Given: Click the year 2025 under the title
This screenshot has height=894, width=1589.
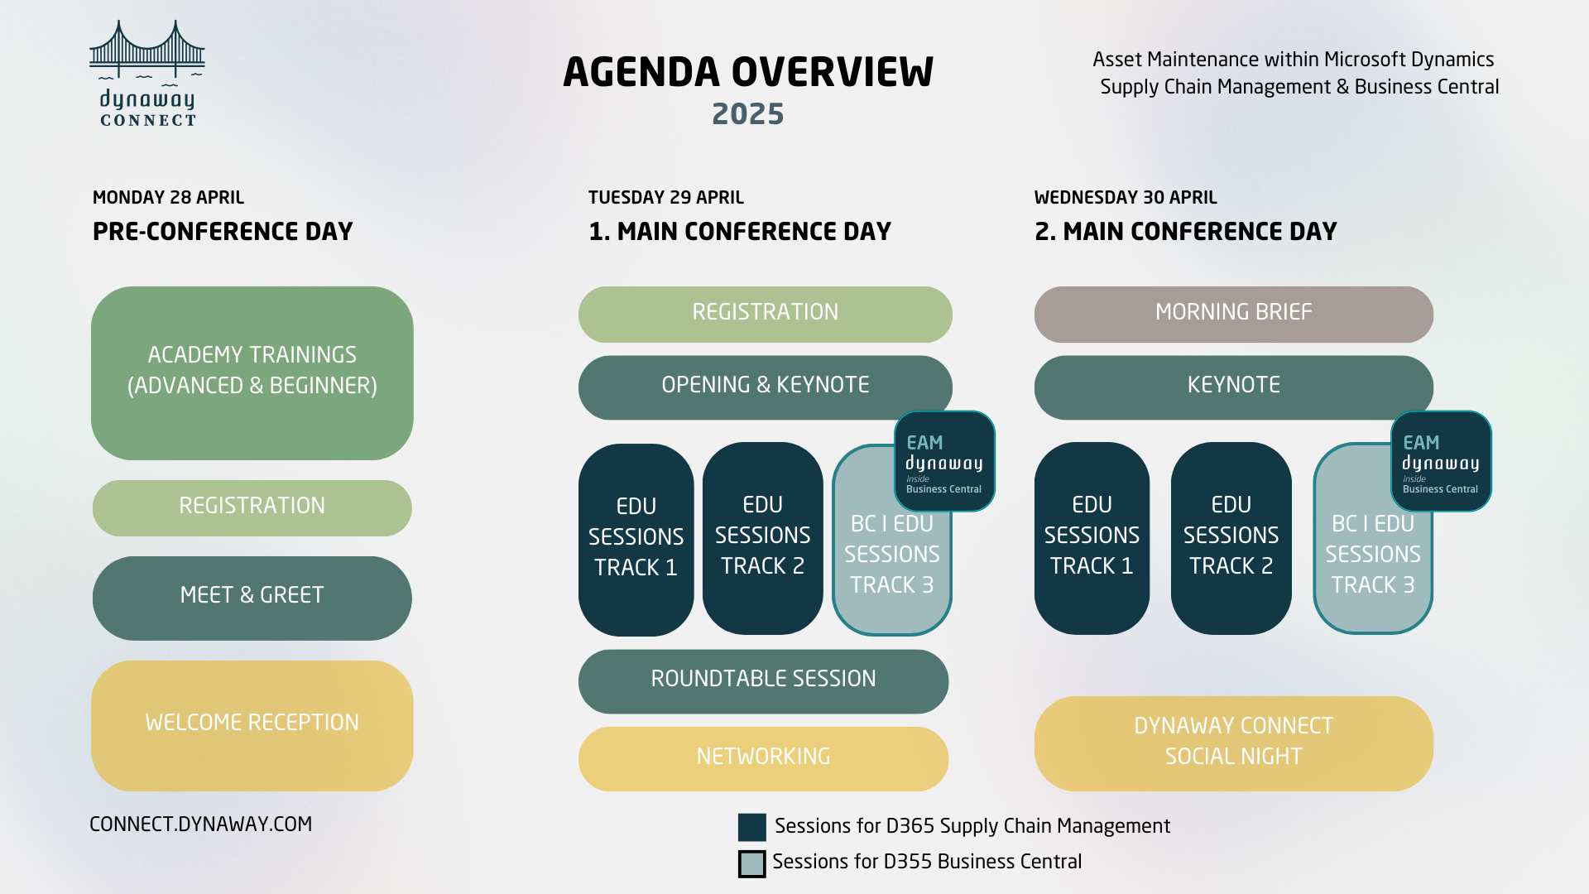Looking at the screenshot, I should (x=747, y=114).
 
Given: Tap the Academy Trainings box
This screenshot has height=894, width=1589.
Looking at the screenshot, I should (x=252, y=372).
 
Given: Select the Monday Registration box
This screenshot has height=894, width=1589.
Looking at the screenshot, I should (x=252, y=507).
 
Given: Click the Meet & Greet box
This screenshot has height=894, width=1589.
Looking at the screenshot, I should (x=252, y=596).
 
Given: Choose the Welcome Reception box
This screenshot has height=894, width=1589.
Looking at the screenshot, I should (x=252, y=723).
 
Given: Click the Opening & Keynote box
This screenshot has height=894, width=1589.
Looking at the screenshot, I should (x=765, y=386).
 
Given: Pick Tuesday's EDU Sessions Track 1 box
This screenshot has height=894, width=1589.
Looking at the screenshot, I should (x=636, y=538).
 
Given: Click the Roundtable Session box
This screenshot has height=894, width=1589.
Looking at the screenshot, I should (x=763, y=680).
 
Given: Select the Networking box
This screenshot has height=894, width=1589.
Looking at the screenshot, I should (x=763, y=757).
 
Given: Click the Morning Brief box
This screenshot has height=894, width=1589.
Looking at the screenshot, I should (x=1233, y=313).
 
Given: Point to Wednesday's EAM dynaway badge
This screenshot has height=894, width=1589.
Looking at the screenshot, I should (x=1441, y=462).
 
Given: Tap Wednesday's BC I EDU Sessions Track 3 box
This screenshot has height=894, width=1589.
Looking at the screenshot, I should (x=1372, y=563).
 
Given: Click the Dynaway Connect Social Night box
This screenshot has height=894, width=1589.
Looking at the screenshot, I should (x=1233, y=742).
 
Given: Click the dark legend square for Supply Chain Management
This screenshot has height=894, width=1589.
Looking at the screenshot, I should (x=751, y=827).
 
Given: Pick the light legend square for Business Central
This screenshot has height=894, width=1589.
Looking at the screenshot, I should (x=751, y=863).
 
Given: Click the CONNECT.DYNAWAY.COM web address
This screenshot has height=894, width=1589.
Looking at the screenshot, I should (x=200, y=824).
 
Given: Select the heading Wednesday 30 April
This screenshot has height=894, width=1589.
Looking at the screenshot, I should (x=1125, y=198).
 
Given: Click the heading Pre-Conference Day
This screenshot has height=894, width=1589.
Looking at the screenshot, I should (x=223, y=232).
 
